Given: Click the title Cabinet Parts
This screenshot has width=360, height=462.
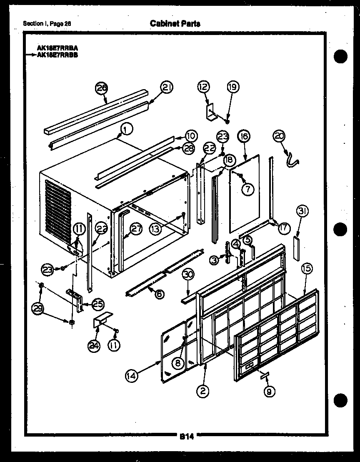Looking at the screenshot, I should pyautogui.click(x=175, y=24).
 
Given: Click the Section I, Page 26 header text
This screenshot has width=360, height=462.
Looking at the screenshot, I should pyautogui.click(x=47, y=24).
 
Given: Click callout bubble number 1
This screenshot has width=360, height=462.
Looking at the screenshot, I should pyautogui.click(x=127, y=130).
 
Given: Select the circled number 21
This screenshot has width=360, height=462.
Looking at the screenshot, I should pyautogui.click(x=167, y=88).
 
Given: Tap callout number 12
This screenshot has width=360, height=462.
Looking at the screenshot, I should pyautogui.click(x=204, y=87).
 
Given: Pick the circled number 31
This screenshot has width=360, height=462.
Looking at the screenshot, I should pyautogui.click(x=302, y=212).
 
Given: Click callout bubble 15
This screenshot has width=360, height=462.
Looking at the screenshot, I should pyautogui.click(x=306, y=269).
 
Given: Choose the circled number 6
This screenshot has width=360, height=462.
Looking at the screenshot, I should pyautogui.click(x=158, y=294).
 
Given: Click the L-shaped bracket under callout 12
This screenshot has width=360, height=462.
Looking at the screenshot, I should pyautogui.click(x=212, y=112).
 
